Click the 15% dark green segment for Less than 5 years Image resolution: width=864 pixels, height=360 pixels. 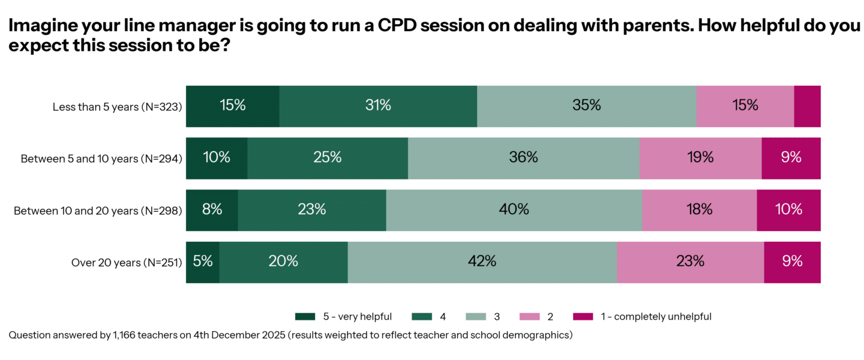232,106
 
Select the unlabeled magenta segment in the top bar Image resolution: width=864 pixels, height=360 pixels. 807,106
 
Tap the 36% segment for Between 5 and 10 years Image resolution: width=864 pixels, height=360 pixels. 523,158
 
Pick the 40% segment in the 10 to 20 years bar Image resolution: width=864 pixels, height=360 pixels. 514,210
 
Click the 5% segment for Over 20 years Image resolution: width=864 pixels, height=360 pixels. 202,262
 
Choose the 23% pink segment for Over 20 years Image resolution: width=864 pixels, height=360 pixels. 690,262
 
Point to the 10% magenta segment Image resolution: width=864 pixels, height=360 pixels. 788,210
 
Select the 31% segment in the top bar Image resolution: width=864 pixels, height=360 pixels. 378,106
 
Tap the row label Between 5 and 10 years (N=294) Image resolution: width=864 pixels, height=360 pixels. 101,159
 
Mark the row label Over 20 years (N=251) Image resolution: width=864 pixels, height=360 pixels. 127,262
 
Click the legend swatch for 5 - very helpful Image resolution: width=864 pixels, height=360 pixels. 305,316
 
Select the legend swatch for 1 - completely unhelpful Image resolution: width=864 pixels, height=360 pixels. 583,316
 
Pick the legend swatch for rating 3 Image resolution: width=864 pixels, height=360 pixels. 476,316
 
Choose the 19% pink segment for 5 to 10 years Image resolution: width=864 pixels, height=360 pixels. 700,158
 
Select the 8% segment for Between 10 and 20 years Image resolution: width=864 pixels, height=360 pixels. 212,210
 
